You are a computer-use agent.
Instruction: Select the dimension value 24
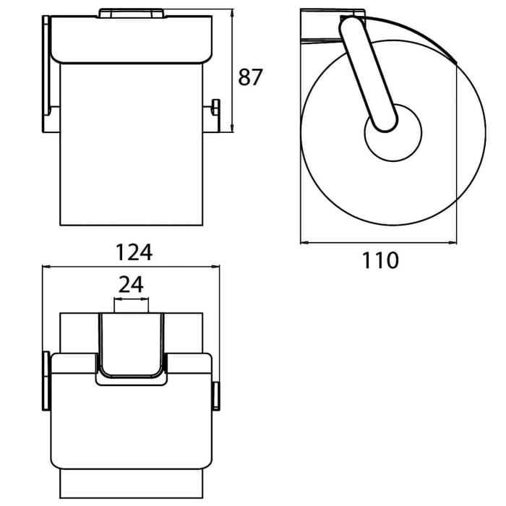tap(131, 285)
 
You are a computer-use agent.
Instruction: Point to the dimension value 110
tap(380, 260)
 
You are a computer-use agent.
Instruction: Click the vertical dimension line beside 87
tap(233, 72)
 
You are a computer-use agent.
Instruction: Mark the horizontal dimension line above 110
tap(380, 241)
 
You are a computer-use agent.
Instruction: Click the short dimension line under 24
tap(131, 298)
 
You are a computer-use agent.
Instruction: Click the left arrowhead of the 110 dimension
tap(304, 241)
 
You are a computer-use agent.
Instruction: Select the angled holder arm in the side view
tap(368, 72)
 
